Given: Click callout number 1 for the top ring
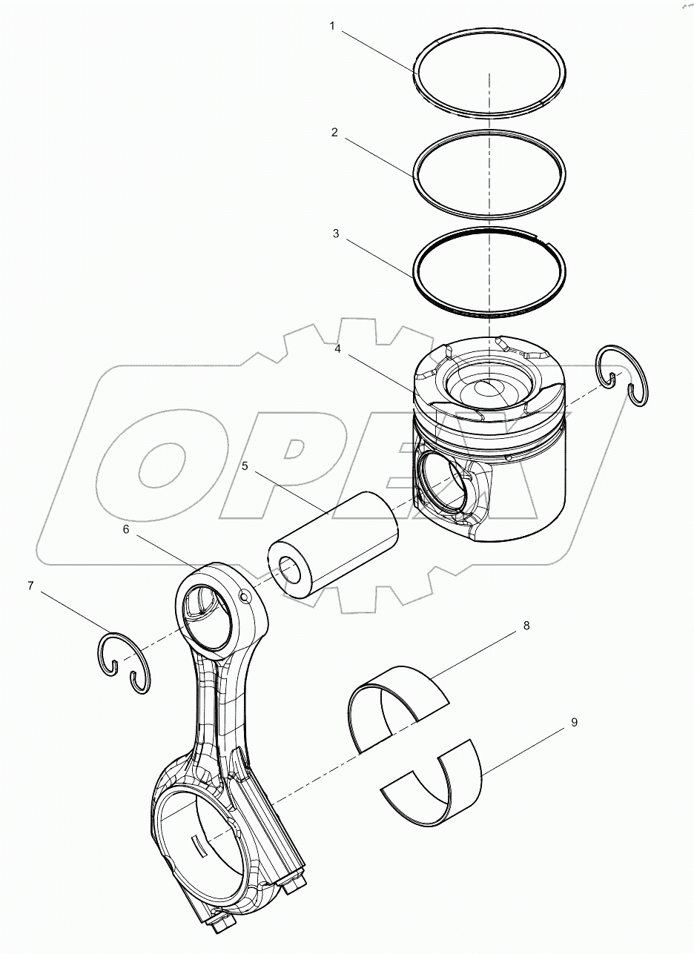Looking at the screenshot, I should [x=332, y=26].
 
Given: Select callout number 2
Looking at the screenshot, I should [x=334, y=133].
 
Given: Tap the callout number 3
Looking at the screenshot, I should [x=335, y=233].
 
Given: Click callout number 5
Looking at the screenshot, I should [x=245, y=467].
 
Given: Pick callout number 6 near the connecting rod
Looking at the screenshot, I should [x=125, y=530].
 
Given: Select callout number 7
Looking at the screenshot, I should [x=30, y=586].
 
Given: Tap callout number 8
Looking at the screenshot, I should [x=526, y=626].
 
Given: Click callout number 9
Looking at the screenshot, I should [x=574, y=721].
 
